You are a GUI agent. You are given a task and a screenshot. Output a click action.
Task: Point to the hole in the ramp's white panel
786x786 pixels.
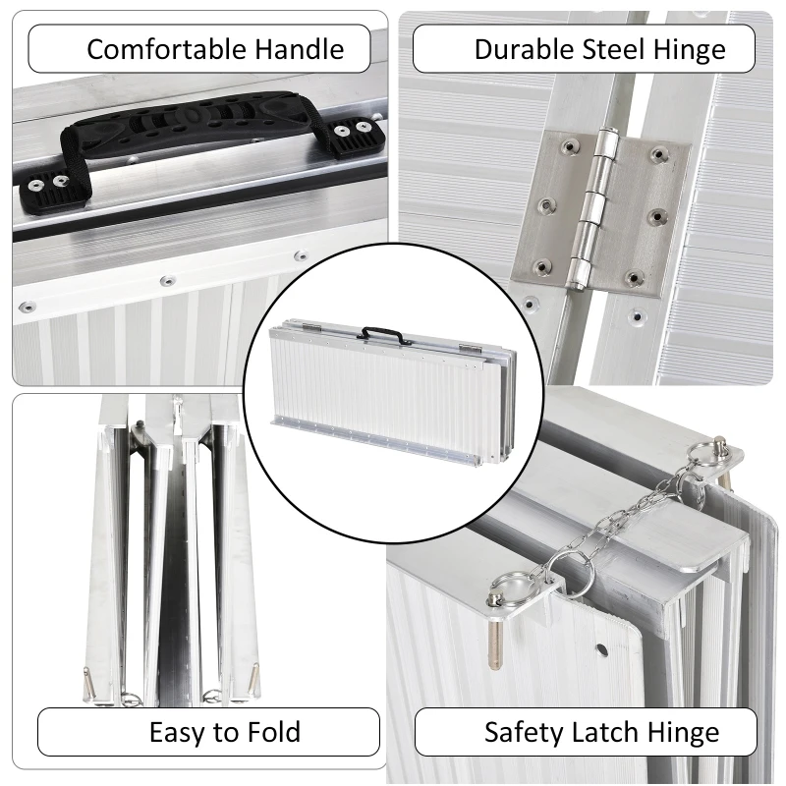click(x=598, y=648)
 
